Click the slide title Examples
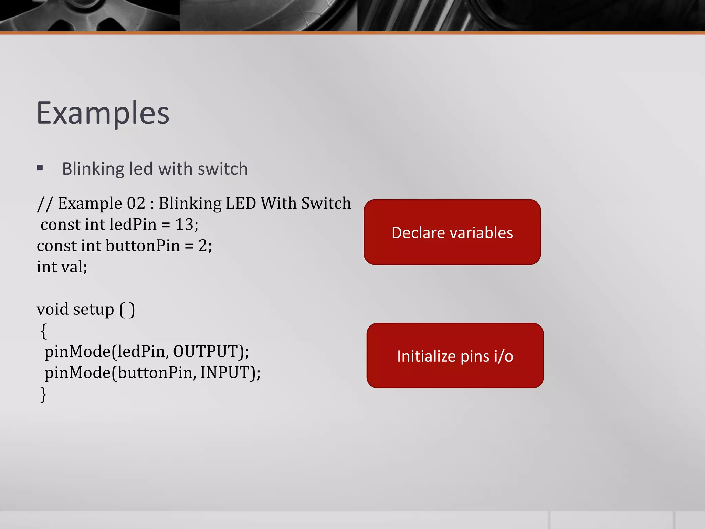(103, 113)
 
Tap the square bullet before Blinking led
(40, 168)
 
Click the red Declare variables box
(452, 232)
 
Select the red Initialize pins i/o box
(455, 355)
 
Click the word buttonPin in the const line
(143, 246)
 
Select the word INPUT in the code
(225, 373)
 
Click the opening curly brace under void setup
(44, 331)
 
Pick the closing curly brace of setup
(44, 394)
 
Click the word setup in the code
(93, 310)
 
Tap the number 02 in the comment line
(136, 203)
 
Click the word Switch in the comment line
(326, 203)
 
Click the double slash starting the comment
(44, 204)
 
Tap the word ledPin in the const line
(133, 225)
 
